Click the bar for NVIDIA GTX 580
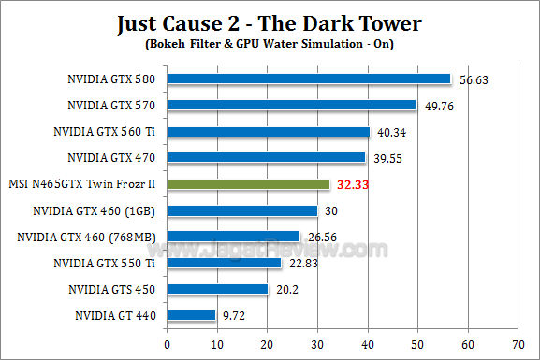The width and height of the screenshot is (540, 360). click(x=308, y=79)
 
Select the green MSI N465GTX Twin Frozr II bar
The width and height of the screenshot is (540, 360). click(x=248, y=184)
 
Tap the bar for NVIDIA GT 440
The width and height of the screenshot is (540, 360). click(x=191, y=316)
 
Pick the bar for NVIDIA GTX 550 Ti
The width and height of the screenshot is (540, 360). click(x=224, y=264)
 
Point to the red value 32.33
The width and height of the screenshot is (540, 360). click(x=356, y=185)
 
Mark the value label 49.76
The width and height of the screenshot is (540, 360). click(x=442, y=106)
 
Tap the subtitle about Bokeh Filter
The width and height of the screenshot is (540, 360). click(x=270, y=43)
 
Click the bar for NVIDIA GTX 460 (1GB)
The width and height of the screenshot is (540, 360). click(x=242, y=210)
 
